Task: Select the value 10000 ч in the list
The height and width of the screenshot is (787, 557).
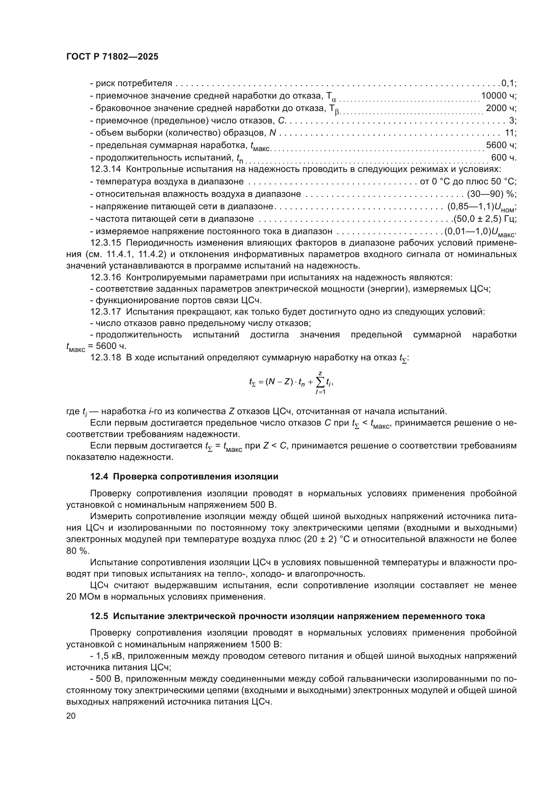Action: [498, 96]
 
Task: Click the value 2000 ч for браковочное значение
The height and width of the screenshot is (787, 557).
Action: [501, 108]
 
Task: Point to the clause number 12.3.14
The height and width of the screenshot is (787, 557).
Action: [106, 169]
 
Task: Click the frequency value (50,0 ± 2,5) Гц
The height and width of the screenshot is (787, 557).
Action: [485, 219]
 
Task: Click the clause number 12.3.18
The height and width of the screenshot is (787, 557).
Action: [106, 358]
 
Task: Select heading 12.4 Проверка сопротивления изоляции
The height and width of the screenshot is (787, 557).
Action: [184, 476]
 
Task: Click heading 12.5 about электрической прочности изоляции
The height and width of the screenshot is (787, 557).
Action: [287, 616]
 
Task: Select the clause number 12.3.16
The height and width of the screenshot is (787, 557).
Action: [106, 277]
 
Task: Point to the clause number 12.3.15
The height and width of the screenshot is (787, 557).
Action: [106, 243]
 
